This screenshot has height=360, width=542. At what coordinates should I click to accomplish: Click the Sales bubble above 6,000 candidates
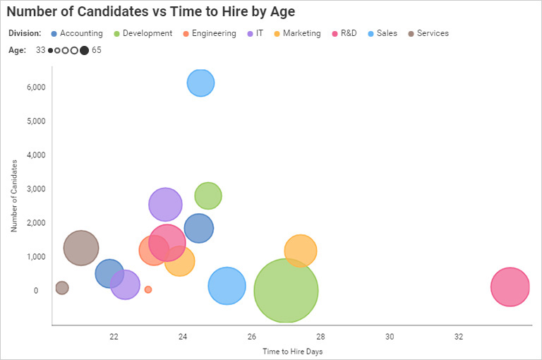[x=201, y=83]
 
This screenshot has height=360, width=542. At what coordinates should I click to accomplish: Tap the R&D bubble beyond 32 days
[x=510, y=287]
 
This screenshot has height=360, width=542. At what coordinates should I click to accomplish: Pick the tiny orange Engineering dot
[x=148, y=289]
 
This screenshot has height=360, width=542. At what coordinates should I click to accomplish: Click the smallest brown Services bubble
[x=62, y=287]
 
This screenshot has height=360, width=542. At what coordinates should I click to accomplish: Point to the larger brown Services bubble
[x=81, y=248]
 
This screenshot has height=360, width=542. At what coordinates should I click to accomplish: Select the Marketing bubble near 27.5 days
[x=301, y=251]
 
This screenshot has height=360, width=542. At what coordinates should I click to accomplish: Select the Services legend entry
[x=432, y=33]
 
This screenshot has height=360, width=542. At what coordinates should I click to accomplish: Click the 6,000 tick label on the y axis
[x=35, y=87]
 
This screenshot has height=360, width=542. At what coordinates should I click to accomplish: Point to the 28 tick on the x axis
[x=320, y=337]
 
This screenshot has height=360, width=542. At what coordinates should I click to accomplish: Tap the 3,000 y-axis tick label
[x=35, y=188]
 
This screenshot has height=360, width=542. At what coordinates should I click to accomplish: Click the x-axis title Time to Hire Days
[x=292, y=351]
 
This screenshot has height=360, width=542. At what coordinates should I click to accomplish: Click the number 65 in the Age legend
[x=97, y=50]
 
